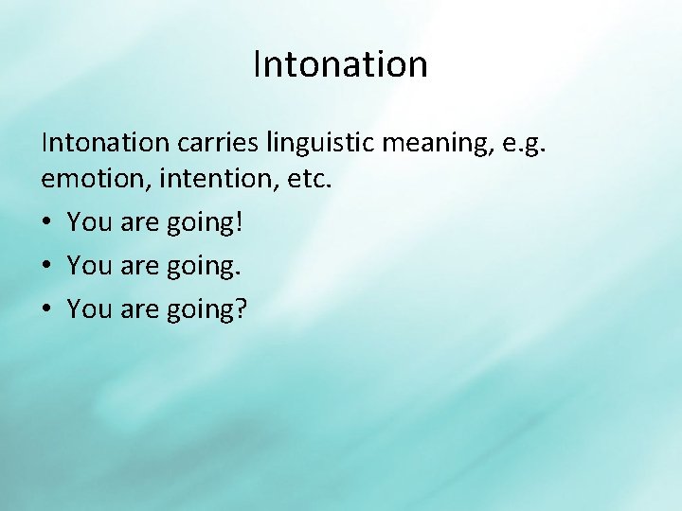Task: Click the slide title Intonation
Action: [x=340, y=64]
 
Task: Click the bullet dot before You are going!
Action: [x=47, y=223]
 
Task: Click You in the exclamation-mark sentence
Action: [x=90, y=222]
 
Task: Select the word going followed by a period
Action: [x=199, y=267]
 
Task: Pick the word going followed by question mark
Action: [x=199, y=309]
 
